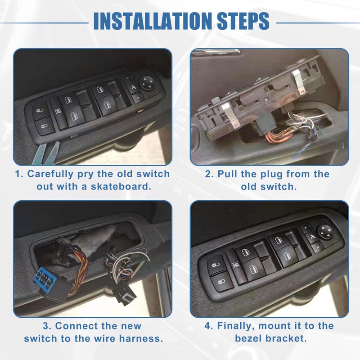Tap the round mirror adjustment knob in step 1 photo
147,82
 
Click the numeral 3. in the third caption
47,326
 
